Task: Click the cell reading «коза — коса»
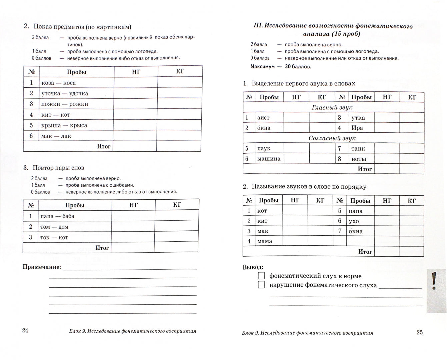click(59, 83)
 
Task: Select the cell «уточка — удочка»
click(65, 93)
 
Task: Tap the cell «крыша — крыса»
click(64, 125)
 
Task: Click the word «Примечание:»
click(42, 267)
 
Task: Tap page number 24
click(25, 330)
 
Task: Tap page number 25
click(419, 332)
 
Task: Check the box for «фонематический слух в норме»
click(261, 276)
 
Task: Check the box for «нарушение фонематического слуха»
click(261, 285)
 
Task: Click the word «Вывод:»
click(253, 267)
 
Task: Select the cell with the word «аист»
click(263, 118)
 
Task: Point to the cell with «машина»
click(269, 159)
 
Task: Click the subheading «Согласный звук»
click(332, 138)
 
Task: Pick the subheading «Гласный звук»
click(332, 107)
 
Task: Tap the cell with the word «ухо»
click(354, 221)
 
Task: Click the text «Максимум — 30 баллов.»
click(281, 67)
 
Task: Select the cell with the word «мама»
click(265, 241)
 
